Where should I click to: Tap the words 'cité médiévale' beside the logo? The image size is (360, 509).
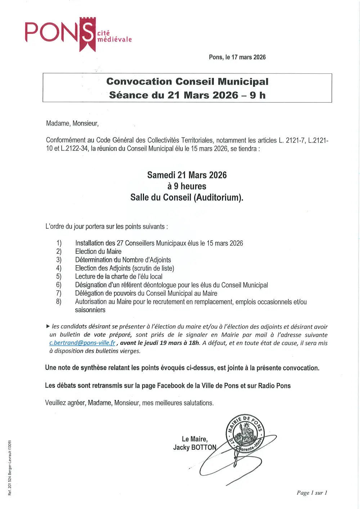[x=114, y=36]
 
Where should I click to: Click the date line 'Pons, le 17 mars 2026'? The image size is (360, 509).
[x=237, y=57]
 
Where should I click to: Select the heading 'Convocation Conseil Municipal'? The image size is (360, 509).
[x=187, y=82]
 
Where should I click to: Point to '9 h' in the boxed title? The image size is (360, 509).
[x=257, y=95]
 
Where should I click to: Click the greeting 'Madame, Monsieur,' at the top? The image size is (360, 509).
[x=72, y=123]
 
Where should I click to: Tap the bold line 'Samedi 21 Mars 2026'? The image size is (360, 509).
[x=187, y=175]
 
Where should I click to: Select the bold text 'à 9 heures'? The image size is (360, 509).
[x=187, y=186]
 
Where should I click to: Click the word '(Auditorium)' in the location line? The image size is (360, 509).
[x=219, y=197]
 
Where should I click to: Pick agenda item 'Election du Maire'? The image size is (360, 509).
[x=98, y=251]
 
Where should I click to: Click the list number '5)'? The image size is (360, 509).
[x=59, y=277]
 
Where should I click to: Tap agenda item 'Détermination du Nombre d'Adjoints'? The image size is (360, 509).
[x=123, y=260]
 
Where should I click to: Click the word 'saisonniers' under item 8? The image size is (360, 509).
[x=90, y=310]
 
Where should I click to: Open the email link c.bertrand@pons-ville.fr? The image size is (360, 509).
[x=82, y=343]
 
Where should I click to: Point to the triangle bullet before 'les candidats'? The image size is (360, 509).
[x=48, y=327]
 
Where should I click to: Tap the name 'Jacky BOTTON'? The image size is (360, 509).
[x=195, y=447]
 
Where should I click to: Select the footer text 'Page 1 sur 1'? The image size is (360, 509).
[x=312, y=493]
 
